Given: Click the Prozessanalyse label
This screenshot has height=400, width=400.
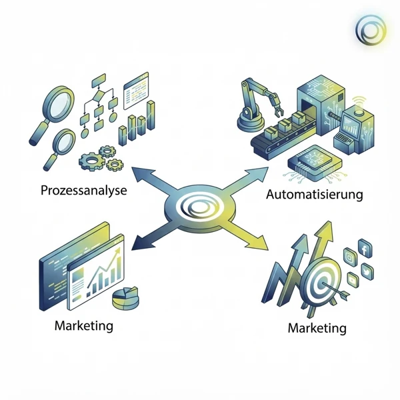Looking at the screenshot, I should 83,190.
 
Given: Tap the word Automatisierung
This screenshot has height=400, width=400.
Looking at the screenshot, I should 314,195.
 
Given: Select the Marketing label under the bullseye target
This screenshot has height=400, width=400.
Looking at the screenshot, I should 317,328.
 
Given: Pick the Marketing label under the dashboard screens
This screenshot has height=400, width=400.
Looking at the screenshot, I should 85,326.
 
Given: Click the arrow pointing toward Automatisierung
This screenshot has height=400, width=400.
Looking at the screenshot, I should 250,179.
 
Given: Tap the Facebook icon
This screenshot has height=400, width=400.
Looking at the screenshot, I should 365,251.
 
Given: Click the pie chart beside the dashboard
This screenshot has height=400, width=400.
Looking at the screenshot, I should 126,297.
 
